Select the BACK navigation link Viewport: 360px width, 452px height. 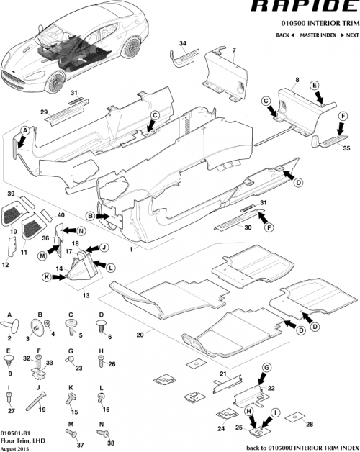click(x=283, y=35)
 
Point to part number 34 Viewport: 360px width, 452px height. click(x=182, y=44)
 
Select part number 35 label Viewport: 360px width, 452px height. click(x=346, y=149)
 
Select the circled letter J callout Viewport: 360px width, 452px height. click(x=104, y=247)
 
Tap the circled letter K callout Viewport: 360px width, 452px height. click(x=46, y=276)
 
